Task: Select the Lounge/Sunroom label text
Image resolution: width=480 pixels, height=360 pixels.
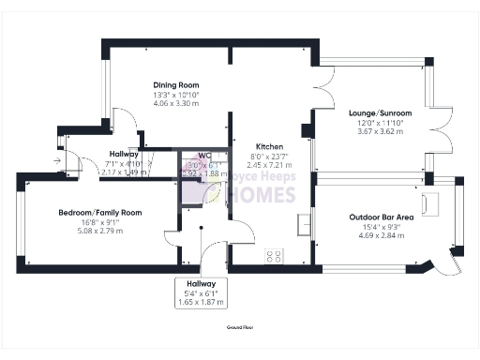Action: pyautogui.click(x=376, y=110)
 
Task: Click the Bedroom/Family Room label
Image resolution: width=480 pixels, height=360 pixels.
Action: pyautogui.click(x=86, y=213)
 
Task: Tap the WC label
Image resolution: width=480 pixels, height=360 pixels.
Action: pyautogui.click(x=203, y=156)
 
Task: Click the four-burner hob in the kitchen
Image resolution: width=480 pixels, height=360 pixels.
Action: pyautogui.click(x=275, y=254)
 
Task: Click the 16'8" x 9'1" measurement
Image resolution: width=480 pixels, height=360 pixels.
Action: pyautogui.click(x=86, y=224)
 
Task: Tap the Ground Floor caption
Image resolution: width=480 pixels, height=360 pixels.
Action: pyautogui.click(x=240, y=327)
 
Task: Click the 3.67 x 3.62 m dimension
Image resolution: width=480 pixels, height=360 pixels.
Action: pyautogui.click(x=376, y=132)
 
